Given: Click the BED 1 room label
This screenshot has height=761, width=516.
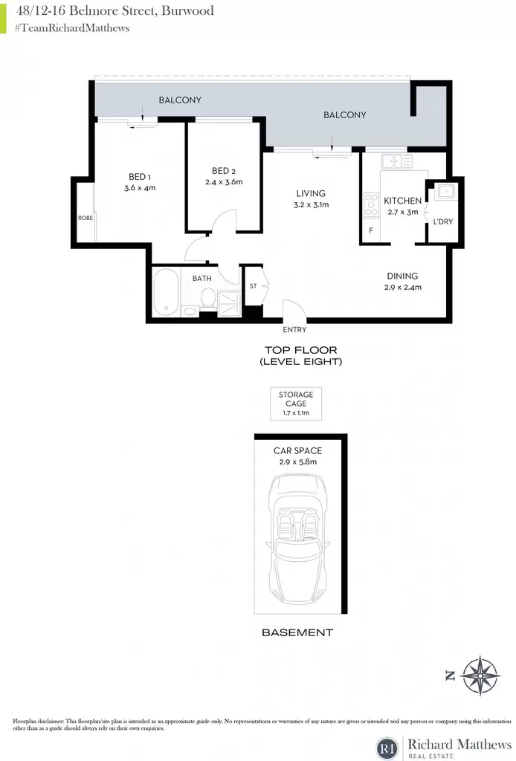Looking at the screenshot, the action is pyautogui.click(x=139, y=177).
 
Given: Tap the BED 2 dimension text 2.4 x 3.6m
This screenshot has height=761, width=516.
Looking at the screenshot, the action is pyautogui.click(x=224, y=182).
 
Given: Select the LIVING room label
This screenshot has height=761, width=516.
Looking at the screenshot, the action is pyautogui.click(x=311, y=193).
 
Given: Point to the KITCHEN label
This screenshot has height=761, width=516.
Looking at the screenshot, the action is pyautogui.click(x=402, y=201).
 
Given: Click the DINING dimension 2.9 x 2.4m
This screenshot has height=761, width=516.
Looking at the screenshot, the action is pyautogui.click(x=403, y=287).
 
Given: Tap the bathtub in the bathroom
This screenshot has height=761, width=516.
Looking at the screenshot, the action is pyautogui.click(x=166, y=293).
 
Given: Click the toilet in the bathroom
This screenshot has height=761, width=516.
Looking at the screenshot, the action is pyautogui.click(x=208, y=298).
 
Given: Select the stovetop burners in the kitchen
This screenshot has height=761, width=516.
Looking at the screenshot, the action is pyautogui.click(x=371, y=205).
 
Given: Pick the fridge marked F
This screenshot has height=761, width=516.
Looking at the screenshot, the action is pyautogui.click(x=371, y=230).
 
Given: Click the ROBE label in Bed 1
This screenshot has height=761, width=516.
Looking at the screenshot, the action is pyautogui.click(x=86, y=218).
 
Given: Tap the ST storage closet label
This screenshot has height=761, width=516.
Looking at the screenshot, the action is pyautogui.click(x=253, y=286).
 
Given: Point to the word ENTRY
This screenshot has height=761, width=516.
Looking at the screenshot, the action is pyautogui.click(x=294, y=329).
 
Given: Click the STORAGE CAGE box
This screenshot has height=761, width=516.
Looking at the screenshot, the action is pyautogui.click(x=296, y=404).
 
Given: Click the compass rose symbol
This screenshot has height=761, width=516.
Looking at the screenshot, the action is pyautogui.click(x=480, y=675).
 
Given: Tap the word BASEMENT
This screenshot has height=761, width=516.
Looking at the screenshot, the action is pyautogui.click(x=297, y=632).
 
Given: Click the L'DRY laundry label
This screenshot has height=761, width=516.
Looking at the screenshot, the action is pyautogui.click(x=442, y=221).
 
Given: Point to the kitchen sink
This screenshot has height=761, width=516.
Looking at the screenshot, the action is pyautogui.click(x=396, y=161).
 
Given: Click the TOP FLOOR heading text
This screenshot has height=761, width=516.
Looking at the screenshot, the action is pyautogui.click(x=301, y=350).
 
